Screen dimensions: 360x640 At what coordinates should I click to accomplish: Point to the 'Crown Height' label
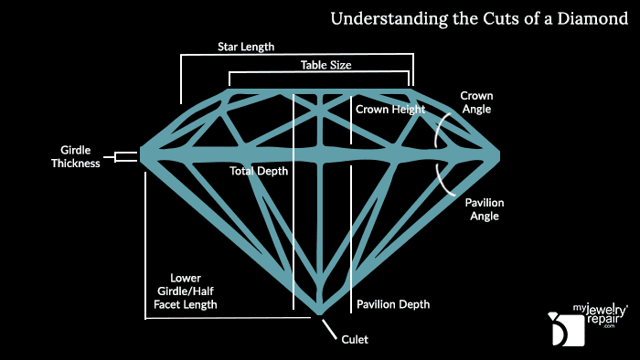tap(390, 109)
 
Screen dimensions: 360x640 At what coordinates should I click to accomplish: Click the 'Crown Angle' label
tap(475, 101)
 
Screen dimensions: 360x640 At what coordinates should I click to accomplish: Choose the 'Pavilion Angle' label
tap(484, 209)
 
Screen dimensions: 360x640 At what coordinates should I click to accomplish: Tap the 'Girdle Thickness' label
tap(76, 157)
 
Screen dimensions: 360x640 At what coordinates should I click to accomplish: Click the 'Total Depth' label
tap(259, 171)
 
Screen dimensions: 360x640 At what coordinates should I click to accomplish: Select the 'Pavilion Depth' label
tap(392, 304)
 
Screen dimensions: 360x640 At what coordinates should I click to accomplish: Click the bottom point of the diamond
tap(320, 315)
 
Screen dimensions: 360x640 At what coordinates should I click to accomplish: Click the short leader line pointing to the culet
tap(328, 327)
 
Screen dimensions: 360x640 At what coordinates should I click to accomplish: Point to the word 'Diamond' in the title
tap(593, 18)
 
